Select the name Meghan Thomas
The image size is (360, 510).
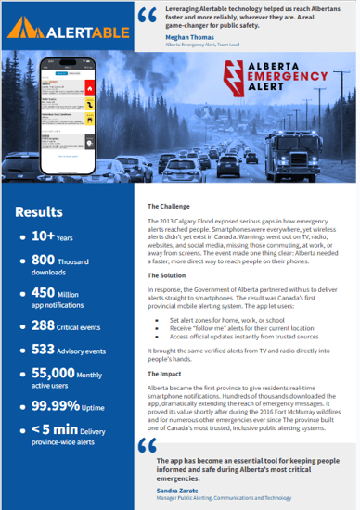(x=190, y=37)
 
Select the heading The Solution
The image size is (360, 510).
(x=170, y=274)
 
